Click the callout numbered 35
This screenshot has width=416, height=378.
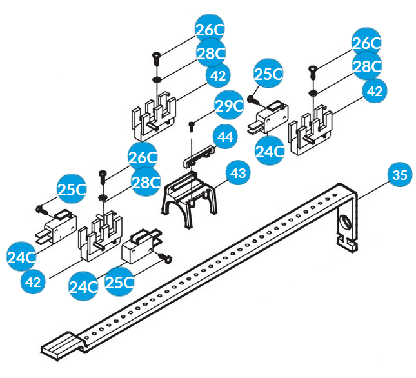(401, 175)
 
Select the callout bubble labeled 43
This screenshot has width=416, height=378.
(238, 174)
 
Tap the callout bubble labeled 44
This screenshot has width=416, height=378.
(224, 139)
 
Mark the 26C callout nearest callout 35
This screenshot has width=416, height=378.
(366, 43)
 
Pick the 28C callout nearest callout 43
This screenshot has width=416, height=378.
(146, 183)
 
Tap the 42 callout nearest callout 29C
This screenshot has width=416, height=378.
(219, 76)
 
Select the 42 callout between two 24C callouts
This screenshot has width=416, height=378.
(34, 281)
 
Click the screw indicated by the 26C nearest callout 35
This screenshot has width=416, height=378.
(313, 69)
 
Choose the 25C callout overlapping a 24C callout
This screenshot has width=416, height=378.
(121, 281)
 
